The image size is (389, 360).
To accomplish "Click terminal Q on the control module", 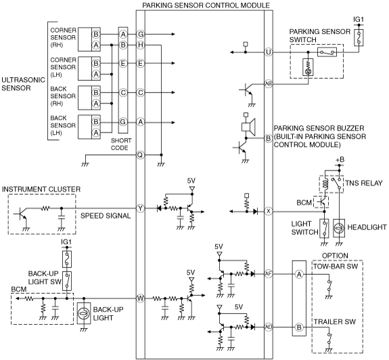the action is [140, 155].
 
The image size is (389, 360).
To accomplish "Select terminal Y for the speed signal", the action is [141, 208].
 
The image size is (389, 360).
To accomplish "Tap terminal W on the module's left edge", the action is [141, 298].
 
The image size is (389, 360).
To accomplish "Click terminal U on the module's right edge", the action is [268, 52].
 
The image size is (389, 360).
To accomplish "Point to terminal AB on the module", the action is [268, 84].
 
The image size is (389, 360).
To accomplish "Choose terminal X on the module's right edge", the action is [268, 211].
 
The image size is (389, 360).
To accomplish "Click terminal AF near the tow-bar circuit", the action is [268, 274].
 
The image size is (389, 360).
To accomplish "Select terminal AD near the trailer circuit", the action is [268, 327].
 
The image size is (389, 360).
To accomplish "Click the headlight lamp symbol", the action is [339, 228].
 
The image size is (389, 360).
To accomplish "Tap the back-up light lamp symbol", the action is [84, 313].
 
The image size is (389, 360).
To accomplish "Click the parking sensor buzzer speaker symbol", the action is [248, 127].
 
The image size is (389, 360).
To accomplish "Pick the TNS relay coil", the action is [325, 184].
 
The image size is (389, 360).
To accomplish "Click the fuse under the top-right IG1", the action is [359, 37].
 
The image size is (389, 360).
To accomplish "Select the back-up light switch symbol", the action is [67, 281].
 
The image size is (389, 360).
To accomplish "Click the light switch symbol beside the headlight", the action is [324, 228].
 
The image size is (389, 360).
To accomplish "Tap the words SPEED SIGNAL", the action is [106, 216].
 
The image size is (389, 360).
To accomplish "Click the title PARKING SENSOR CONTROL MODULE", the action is [206, 5].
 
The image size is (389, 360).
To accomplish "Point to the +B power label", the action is [340, 160].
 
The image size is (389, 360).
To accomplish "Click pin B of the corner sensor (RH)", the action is [96, 35].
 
